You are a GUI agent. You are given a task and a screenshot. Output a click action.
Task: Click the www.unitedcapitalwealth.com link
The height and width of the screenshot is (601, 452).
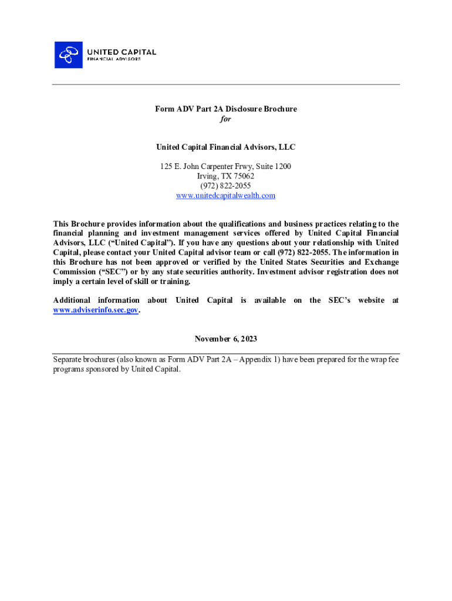(225, 195)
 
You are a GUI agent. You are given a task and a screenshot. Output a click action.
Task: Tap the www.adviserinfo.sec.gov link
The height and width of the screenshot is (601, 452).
(96, 310)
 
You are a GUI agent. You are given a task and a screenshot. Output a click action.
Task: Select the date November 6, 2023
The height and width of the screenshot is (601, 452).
(225, 339)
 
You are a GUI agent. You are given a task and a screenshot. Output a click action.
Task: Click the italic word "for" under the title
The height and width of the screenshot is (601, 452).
(225, 119)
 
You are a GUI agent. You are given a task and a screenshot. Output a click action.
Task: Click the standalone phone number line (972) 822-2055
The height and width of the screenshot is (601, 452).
(225, 185)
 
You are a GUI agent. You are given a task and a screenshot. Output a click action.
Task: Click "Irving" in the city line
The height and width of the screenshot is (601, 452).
(207, 176)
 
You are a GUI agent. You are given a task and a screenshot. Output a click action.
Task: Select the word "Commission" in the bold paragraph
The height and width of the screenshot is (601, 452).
(73, 272)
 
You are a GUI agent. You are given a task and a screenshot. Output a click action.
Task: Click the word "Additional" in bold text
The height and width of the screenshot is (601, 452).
(72, 300)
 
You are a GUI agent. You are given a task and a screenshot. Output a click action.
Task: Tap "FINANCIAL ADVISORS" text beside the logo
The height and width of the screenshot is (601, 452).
(114, 59)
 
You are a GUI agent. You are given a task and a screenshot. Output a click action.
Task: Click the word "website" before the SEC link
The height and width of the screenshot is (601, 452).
(371, 300)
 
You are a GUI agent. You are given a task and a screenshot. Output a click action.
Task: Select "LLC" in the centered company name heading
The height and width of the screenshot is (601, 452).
(286, 147)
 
